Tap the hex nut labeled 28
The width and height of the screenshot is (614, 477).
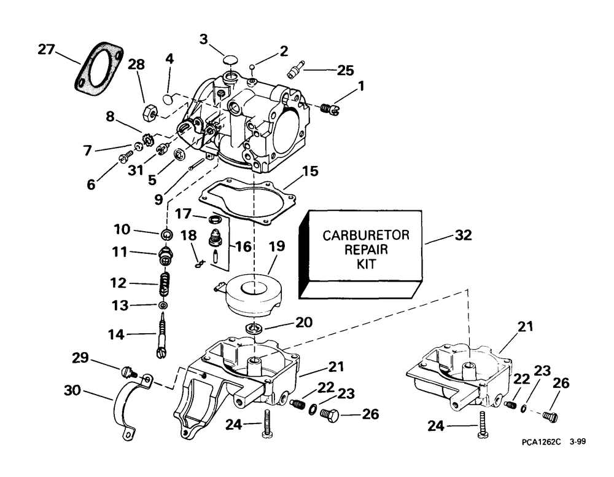150,112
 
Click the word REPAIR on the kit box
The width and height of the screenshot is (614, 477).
366,250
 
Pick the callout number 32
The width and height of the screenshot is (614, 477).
463,235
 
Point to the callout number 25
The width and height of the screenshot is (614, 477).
345,71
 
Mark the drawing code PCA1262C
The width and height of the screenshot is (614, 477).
541,442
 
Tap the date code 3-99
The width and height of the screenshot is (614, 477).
578,442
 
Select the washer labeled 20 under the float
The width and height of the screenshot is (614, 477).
254,328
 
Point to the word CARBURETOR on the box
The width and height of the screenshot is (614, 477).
366,235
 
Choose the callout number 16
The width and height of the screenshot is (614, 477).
243,246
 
